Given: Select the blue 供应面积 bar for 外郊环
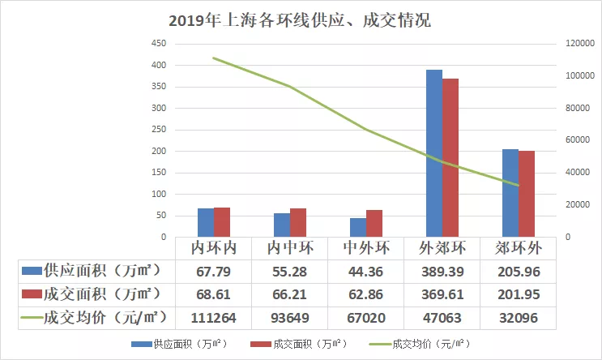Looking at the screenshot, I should pyautogui.click(x=434, y=153).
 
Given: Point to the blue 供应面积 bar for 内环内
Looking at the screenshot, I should pyautogui.click(x=206, y=223).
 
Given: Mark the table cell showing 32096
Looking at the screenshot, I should pyautogui.click(x=519, y=317).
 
